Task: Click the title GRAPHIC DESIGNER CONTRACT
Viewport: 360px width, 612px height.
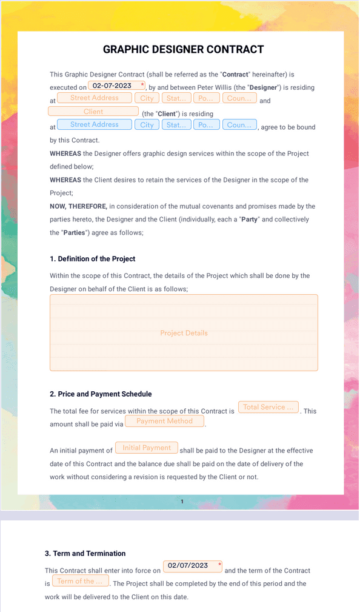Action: tap(183, 50)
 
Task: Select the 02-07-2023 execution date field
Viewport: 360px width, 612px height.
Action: tap(116, 86)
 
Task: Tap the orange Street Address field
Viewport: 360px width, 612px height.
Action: tap(95, 98)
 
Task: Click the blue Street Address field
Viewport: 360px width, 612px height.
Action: tap(95, 125)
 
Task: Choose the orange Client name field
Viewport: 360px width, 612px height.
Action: tap(93, 112)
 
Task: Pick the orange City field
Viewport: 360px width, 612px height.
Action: tap(147, 98)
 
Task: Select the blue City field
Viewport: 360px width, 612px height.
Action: tap(147, 125)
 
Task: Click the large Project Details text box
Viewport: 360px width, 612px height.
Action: tap(184, 333)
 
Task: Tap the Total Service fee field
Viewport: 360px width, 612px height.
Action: tap(268, 408)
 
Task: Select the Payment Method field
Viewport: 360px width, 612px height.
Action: tap(164, 422)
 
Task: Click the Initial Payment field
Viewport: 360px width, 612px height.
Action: tap(147, 448)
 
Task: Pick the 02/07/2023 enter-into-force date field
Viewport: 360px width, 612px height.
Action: tap(192, 566)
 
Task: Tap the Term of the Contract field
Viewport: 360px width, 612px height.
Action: tap(80, 582)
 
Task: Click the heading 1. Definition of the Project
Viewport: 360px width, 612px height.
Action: tap(92, 259)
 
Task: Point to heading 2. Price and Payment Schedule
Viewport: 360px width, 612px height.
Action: tap(101, 394)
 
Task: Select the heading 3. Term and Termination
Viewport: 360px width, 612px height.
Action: tap(85, 554)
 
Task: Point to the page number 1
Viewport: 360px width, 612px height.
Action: tap(182, 502)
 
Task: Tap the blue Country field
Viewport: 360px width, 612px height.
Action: tap(239, 125)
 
